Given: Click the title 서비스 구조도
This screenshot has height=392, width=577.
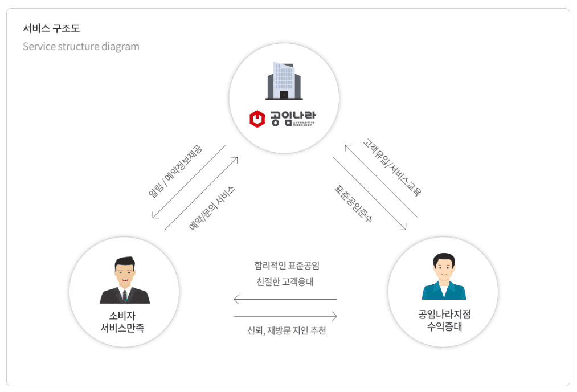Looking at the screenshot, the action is (x=51, y=28).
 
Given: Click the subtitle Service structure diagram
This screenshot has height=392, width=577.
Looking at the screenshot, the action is (x=81, y=46).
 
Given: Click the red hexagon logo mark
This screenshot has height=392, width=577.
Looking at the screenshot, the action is (x=257, y=119).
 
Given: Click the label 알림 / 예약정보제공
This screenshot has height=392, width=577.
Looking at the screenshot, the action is (x=175, y=171).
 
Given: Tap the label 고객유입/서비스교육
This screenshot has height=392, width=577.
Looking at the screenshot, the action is (x=392, y=167).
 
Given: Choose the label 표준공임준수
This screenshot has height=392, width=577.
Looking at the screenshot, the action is (x=353, y=203).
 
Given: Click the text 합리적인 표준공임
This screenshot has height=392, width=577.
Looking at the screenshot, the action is (x=287, y=265).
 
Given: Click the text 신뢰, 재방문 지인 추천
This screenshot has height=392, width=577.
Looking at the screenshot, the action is (x=287, y=331).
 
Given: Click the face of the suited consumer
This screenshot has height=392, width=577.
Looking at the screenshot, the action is (x=125, y=273).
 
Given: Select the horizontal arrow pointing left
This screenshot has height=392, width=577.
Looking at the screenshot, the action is (x=285, y=299).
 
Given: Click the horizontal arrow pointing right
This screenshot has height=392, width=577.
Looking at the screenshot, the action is (x=285, y=316).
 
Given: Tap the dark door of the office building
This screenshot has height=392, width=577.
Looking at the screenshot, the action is (x=284, y=94).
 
